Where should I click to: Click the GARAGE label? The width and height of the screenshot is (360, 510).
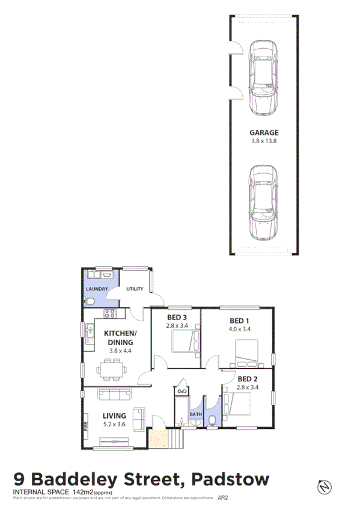click(x=264, y=133)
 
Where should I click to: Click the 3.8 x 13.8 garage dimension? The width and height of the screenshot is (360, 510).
click(x=264, y=142)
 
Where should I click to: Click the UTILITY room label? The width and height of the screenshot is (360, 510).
click(x=135, y=289)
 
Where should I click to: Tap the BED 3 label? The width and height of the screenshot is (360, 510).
click(x=177, y=318)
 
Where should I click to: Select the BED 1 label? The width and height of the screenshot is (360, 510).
click(x=239, y=320)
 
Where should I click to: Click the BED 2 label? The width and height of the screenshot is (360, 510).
click(x=247, y=378)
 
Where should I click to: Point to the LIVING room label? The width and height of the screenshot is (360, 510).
click(x=114, y=415)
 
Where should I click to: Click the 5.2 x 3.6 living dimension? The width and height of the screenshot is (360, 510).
click(x=114, y=424)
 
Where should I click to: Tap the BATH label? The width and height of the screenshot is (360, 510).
click(x=196, y=414)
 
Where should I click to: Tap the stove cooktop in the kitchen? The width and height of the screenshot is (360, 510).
click(x=110, y=313)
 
